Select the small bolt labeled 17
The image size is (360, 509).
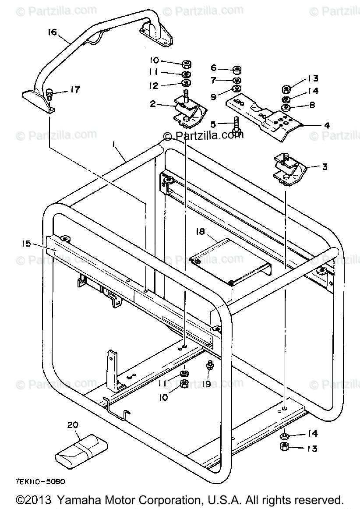(49, 92)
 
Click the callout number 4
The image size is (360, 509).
(326, 125)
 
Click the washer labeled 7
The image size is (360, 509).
(236, 80)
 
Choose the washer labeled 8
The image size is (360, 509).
(286, 107)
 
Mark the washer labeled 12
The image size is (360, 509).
(185, 83)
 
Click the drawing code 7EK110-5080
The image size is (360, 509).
(39, 481)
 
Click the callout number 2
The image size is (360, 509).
(153, 105)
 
